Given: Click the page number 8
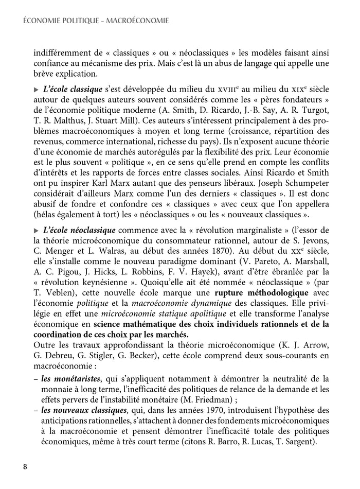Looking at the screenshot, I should (x=25, y=467).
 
